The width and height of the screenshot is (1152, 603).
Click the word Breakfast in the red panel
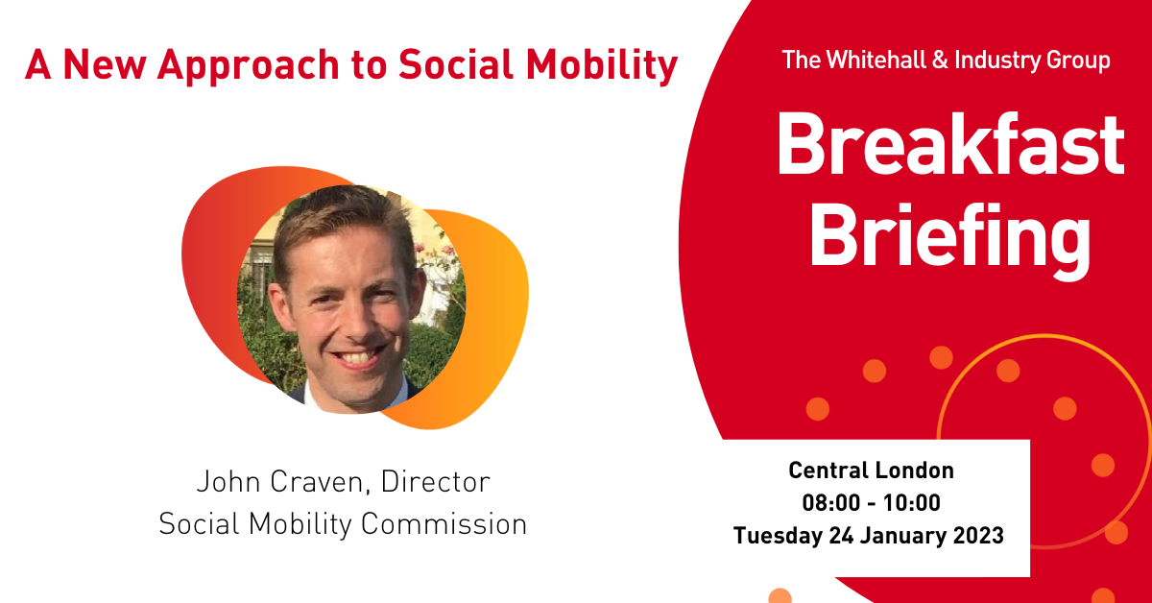950,144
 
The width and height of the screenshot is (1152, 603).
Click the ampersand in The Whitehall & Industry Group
940,60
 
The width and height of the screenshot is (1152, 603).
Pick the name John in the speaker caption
228,482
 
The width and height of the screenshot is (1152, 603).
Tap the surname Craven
321,483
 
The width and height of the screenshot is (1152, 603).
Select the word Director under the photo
435,482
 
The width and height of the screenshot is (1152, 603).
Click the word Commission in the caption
444,523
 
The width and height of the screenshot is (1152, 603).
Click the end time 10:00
912,503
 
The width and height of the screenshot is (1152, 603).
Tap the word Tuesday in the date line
778,536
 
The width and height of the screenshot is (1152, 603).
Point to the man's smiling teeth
360,357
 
